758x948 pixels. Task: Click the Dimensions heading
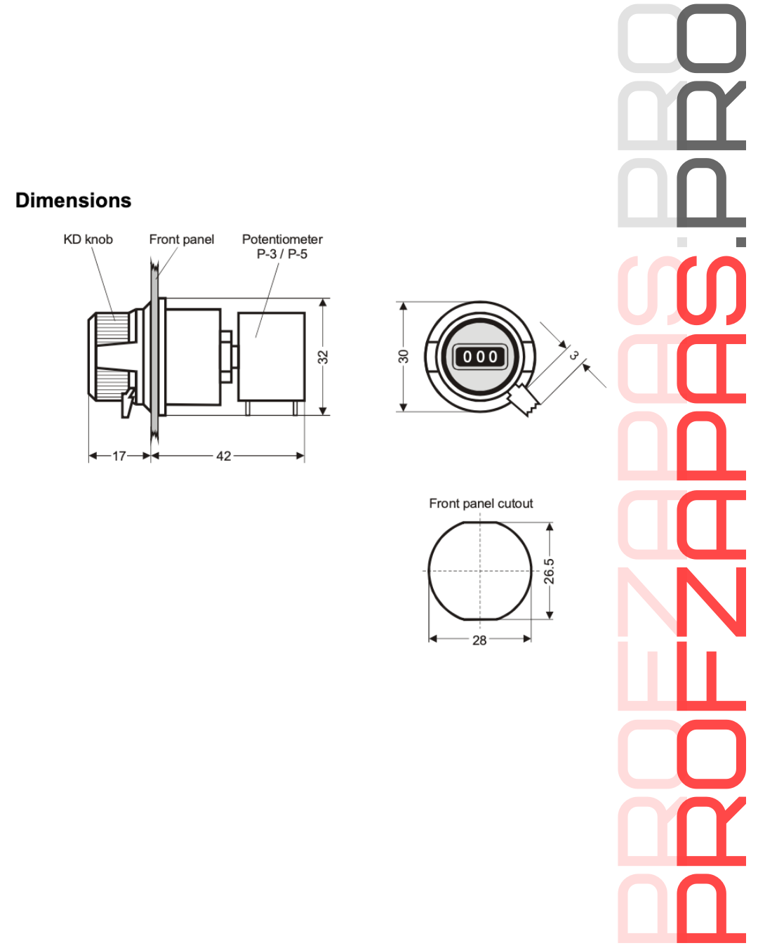(73, 200)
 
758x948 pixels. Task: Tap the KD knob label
(88, 239)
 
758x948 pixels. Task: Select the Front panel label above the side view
(182, 239)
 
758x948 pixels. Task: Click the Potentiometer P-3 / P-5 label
(282, 246)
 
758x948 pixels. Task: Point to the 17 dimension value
(119, 456)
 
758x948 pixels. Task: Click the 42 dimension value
(224, 456)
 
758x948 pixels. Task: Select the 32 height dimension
(323, 357)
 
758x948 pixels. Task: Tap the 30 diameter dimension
(403, 357)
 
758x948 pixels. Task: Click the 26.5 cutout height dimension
(549, 572)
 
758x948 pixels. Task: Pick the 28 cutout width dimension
(479, 640)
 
